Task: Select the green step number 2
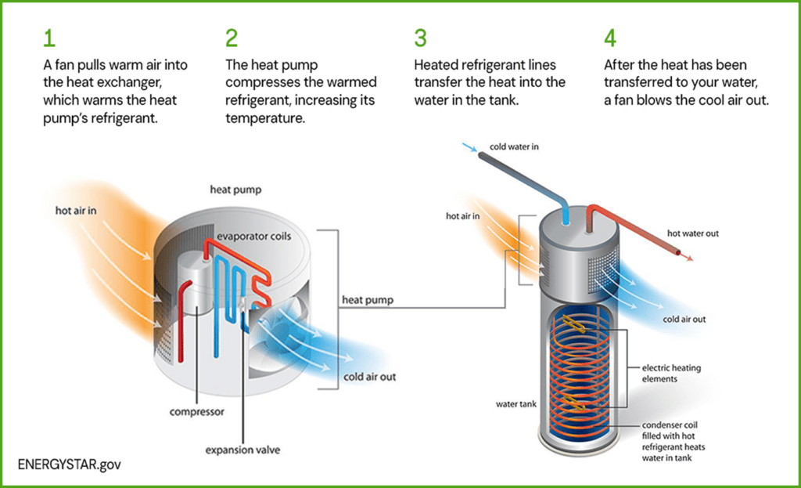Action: click(x=232, y=37)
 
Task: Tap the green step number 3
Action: click(x=421, y=37)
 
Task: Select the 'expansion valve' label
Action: click(x=242, y=450)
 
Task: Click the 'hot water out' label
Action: click(x=692, y=233)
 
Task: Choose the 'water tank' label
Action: click(x=515, y=405)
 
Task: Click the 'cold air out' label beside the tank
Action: click(x=684, y=320)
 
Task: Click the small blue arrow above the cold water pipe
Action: click(x=468, y=147)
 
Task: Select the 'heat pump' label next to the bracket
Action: click(x=367, y=300)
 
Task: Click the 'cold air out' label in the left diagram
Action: click(x=369, y=377)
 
